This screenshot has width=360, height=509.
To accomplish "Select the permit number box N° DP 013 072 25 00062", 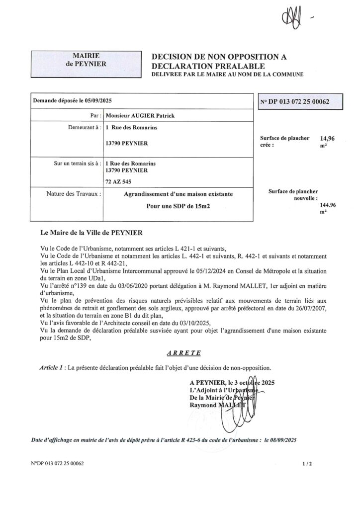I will tap(295, 101).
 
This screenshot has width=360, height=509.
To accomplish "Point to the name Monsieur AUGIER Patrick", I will tap(137, 115).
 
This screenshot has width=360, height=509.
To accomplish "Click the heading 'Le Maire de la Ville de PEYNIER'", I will tap(90, 232).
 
